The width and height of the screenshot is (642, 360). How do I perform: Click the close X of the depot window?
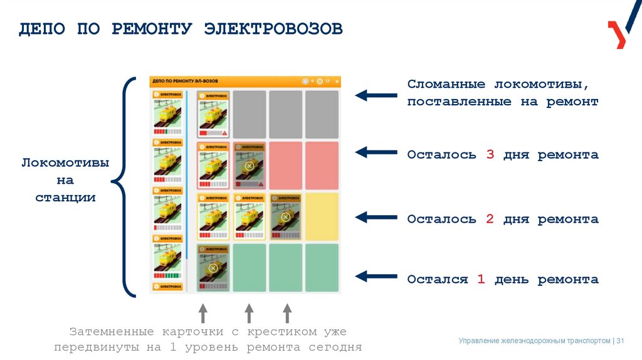tap(337, 82)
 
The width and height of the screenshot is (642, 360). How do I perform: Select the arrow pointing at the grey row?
tap(376, 95)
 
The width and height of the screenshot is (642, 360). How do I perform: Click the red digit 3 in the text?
tap(490, 155)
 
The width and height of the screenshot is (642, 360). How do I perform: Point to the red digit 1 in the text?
tap(481, 280)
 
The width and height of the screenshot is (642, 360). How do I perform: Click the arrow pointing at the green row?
tap(376, 276)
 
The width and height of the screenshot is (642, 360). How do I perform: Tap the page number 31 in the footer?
tap(621, 341)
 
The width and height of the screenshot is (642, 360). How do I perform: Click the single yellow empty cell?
tap(322, 216)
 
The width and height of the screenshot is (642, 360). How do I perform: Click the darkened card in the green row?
tap(213, 268)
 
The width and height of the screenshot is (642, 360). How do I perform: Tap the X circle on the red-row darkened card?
tap(249, 166)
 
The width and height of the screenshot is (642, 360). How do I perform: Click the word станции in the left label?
tap(65, 198)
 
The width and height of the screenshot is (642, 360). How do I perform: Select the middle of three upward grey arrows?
tap(249, 313)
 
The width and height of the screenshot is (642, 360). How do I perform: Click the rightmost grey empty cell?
tap(322, 114)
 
